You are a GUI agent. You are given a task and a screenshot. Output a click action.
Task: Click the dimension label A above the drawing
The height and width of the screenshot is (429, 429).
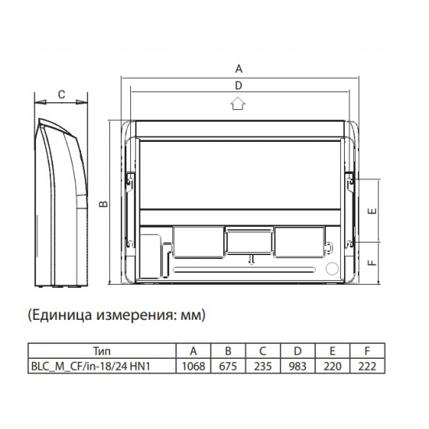click(239, 67)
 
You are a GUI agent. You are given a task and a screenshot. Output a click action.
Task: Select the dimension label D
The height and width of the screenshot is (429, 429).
click(239, 85)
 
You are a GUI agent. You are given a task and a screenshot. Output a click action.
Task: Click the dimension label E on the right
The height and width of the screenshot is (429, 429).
click(374, 211)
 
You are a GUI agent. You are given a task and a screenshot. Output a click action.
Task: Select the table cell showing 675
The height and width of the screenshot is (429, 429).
click(229, 365)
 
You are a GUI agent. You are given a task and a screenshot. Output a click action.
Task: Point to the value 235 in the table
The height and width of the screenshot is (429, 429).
click(262, 365)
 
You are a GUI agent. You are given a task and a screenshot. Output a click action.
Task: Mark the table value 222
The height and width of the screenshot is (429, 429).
click(363, 365)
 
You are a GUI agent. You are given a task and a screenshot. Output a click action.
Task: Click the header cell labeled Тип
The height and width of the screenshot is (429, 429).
click(102, 350)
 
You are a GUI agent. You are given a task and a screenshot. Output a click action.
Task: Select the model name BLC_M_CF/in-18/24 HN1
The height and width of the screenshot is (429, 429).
click(102, 365)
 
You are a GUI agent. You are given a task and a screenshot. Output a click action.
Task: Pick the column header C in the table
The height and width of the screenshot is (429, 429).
click(262, 350)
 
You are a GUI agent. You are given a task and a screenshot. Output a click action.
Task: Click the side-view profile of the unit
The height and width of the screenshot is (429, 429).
click(61, 203)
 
